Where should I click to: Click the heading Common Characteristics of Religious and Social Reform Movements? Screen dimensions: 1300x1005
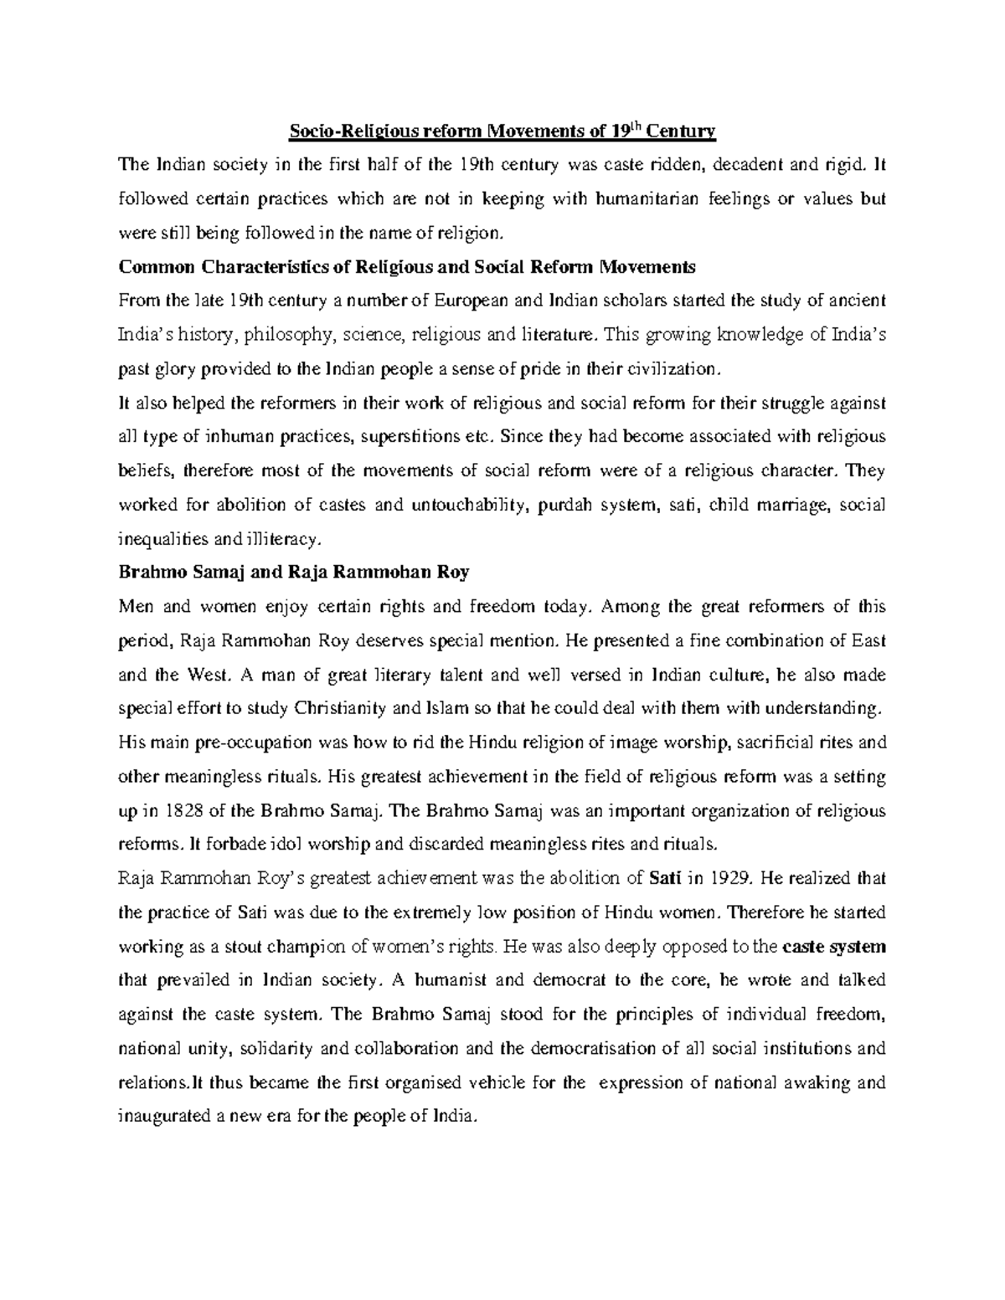[x=407, y=267]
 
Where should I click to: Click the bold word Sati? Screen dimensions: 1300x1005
[x=666, y=879]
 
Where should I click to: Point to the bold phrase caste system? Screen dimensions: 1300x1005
[x=833, y=947]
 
